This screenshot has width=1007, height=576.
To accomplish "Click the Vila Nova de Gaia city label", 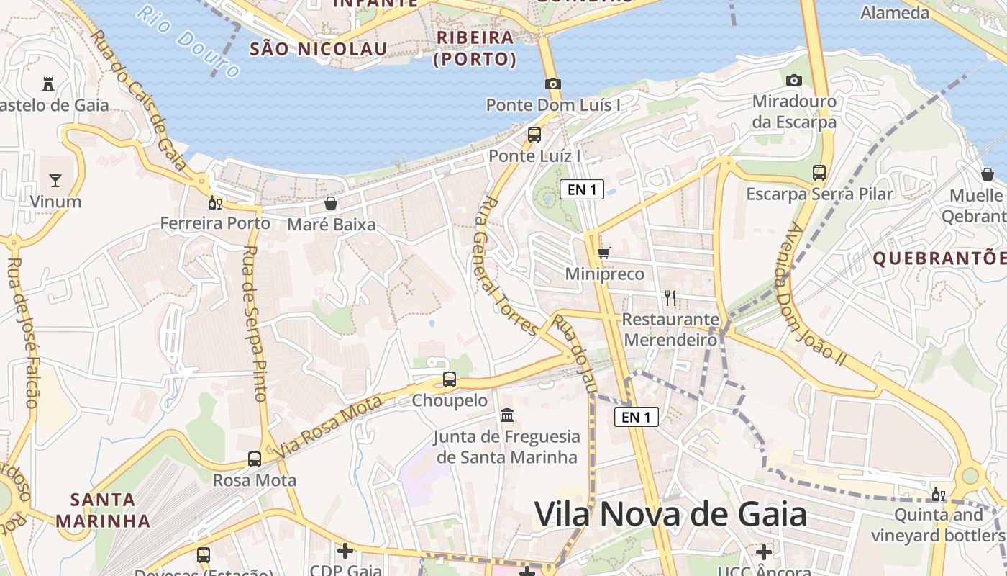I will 670,515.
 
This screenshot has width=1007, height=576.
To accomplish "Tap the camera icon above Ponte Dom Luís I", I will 552,84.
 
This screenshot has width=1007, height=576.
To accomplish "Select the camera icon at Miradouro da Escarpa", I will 794,80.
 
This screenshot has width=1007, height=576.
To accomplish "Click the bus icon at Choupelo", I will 450,379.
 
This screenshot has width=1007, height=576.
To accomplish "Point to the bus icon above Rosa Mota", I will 255,459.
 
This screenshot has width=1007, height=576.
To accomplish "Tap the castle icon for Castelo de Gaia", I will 48,84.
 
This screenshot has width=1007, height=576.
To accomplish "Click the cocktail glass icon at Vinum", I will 55,180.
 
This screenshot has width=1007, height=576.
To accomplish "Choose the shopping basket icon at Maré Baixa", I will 331,203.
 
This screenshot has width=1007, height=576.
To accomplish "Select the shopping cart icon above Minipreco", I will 604,253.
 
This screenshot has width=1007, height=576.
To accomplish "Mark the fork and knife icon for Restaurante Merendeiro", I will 670,297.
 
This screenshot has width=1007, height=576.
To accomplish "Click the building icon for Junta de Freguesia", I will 507,415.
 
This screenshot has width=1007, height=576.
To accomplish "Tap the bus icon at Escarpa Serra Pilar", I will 819,173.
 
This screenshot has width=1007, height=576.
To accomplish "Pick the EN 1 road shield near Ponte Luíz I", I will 582,190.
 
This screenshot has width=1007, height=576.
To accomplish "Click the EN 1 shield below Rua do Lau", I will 637,416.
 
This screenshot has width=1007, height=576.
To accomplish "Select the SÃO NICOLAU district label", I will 318,49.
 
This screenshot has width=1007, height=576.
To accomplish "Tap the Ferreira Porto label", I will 215,223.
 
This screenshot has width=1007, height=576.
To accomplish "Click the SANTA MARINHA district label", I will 103,510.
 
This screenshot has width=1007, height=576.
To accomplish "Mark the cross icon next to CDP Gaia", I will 345,551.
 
